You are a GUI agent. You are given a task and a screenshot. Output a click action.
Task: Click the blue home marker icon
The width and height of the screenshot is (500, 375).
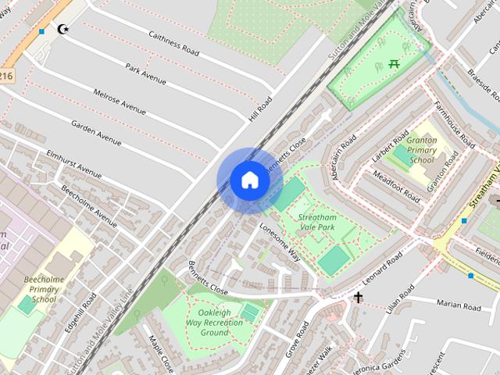pyautogui.click(x=249, y=180)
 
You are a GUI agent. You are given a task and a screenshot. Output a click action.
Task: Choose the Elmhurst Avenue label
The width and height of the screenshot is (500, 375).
pyautogui.click(x=74, y=162)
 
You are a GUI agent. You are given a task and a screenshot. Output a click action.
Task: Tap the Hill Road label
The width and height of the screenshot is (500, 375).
pyautogui.click(x=259, y=109)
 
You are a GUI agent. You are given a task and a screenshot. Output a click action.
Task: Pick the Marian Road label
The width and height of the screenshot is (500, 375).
pyautogui.click(x=458, y=304)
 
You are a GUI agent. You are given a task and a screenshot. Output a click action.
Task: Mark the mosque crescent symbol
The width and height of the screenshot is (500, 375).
pyautogui.click(x=62, y=30)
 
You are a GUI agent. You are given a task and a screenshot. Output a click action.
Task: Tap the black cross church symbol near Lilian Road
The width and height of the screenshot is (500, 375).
pyautogui.click(x=359, y=298)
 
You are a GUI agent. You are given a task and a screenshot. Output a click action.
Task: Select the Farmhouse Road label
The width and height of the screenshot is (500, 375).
pyautogui.click(x=455, y=125)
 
